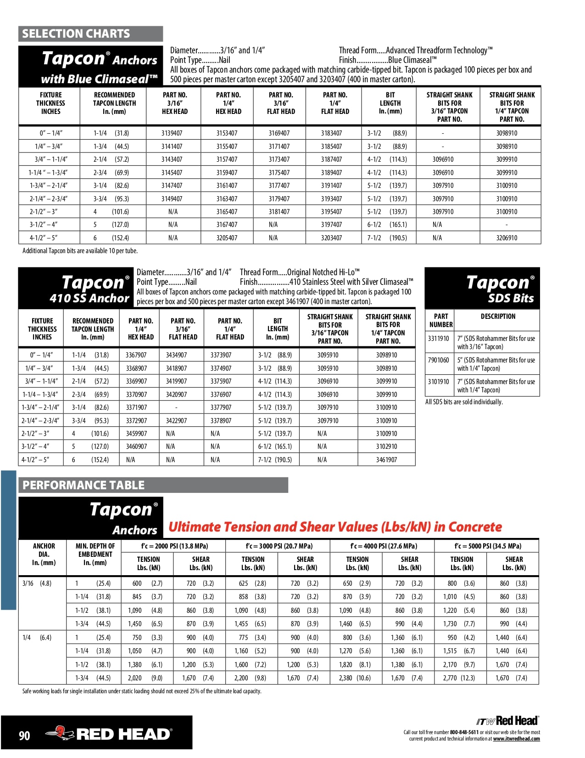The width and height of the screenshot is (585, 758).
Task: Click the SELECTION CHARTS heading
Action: [76, 34]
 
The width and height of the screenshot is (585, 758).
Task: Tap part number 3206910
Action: [507, 238]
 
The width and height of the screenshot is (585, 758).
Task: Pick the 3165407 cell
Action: [227, 212]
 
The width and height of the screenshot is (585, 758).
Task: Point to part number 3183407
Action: [331, 133]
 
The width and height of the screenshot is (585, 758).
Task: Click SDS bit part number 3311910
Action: [438, 339]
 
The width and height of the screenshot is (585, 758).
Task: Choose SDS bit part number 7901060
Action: [438, 360]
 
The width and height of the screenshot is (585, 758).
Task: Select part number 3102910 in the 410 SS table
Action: [386, 447]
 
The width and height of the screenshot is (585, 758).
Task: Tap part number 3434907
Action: [176, 355]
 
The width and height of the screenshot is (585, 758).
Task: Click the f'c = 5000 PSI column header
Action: [487, 546]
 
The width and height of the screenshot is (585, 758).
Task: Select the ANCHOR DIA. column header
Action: [44, 554]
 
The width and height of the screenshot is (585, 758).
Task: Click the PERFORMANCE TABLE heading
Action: [84, 485]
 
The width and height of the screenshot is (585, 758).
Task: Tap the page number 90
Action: [24, 735]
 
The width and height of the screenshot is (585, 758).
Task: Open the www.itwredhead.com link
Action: [516, 739]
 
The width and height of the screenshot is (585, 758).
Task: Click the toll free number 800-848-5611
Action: [464, 732]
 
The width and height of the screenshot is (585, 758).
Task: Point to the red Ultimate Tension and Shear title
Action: [335, 527]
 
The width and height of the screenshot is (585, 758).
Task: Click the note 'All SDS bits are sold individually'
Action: [464, 402]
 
